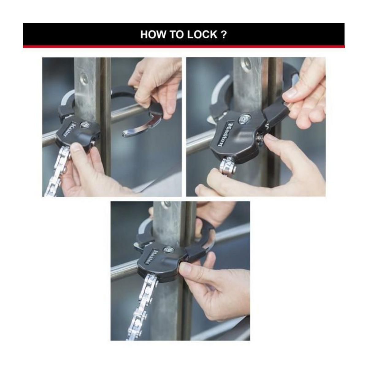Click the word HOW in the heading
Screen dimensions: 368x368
click(150, 34)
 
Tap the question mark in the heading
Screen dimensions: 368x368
click(224, 34)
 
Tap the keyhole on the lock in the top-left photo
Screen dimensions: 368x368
click(83, 125)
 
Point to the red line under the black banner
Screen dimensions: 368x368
click(184, 47)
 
